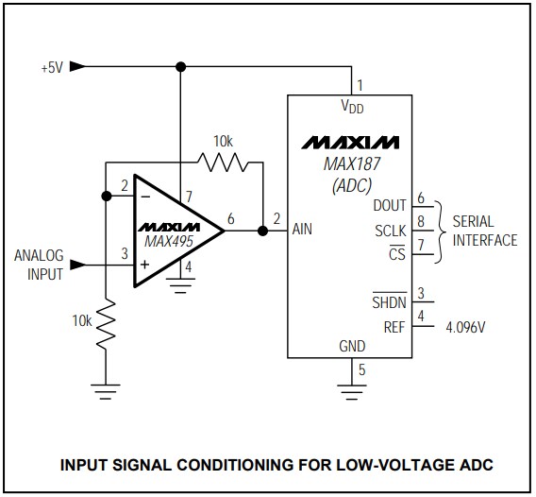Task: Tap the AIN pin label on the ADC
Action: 304,229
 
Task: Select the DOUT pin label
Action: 390,206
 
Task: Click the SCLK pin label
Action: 390,230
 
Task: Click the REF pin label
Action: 394,328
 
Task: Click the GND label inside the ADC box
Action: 351,347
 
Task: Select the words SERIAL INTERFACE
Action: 485,231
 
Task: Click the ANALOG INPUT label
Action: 38,265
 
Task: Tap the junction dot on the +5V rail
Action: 179,66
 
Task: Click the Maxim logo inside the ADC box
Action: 351,143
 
